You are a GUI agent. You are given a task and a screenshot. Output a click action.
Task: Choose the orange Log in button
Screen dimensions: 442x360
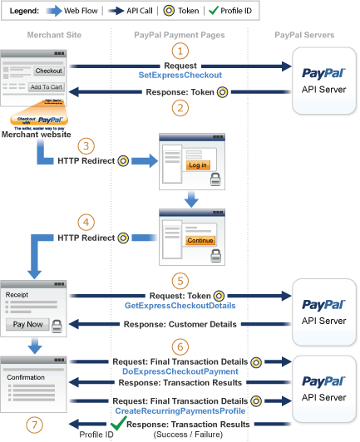click(x=199, y=165)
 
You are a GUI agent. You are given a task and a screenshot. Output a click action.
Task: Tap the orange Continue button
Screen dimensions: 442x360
click(x=200, y=241)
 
